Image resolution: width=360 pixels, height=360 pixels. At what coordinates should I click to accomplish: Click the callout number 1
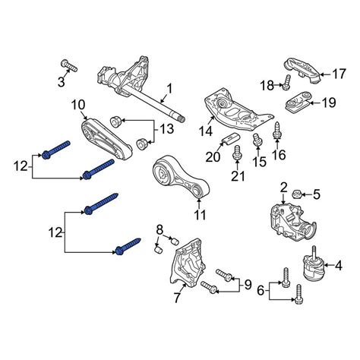169,89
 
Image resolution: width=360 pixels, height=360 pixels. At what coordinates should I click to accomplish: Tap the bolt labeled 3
69,65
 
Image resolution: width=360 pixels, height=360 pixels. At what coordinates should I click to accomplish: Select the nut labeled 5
296,194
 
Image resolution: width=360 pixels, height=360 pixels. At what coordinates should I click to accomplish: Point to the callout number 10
78,105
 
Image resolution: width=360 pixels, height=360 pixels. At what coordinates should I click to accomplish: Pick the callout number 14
205,131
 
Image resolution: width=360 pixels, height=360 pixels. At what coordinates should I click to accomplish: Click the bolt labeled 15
257,139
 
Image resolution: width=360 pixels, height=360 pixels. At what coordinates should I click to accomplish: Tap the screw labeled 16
277,131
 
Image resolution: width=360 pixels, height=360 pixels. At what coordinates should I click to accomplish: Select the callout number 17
339,74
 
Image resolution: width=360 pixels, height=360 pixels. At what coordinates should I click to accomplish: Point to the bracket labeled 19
298,103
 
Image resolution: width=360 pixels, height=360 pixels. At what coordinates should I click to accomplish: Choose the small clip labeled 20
230,138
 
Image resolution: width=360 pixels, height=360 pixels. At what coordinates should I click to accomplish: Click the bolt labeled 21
237,153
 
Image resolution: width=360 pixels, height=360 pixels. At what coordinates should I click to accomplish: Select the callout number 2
283,188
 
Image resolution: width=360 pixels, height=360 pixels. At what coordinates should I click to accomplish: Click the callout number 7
177,297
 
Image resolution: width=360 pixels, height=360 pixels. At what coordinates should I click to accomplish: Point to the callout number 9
248,285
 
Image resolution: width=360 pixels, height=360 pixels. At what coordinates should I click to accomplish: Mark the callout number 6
261,291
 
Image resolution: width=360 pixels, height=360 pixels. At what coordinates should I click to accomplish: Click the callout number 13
166,129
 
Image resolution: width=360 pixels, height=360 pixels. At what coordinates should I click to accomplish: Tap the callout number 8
159,230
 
